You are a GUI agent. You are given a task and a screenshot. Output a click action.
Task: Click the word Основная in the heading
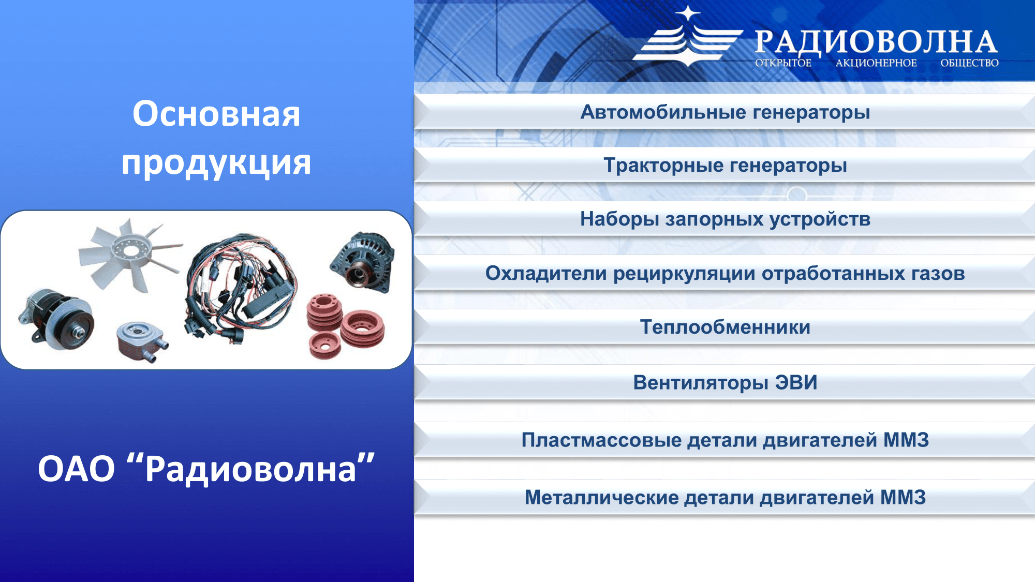click(x=216, y=114)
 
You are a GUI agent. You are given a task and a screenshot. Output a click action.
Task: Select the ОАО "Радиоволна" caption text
click(x=206, y=469)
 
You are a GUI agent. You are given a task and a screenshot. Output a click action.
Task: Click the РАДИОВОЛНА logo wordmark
click(x=876, y=42)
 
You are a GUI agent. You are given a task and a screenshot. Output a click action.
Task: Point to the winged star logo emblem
click(x=687, y=37)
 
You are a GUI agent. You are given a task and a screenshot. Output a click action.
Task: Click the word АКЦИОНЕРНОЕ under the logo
click(x=876, y=63)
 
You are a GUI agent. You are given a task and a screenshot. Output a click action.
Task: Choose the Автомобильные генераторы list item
click(x=725, y=112)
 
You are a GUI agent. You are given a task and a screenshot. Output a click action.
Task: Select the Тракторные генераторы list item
click(x=725, y=166)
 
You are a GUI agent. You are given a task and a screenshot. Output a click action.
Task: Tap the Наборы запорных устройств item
click(x=725, y=219)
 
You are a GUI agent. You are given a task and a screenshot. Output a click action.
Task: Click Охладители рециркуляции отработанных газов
click(x=725, y=273)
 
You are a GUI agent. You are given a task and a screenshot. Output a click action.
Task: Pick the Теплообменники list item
click(x=725, y=327)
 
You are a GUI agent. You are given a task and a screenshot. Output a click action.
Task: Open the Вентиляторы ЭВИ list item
click(x=725, y=383)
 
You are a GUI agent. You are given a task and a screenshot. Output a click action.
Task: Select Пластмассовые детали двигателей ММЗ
click(x=725, y=440)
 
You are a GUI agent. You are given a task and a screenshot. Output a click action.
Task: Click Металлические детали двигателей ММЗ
click(x=725, y=498)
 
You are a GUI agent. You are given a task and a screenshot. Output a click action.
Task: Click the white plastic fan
click(x=129, y=253)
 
